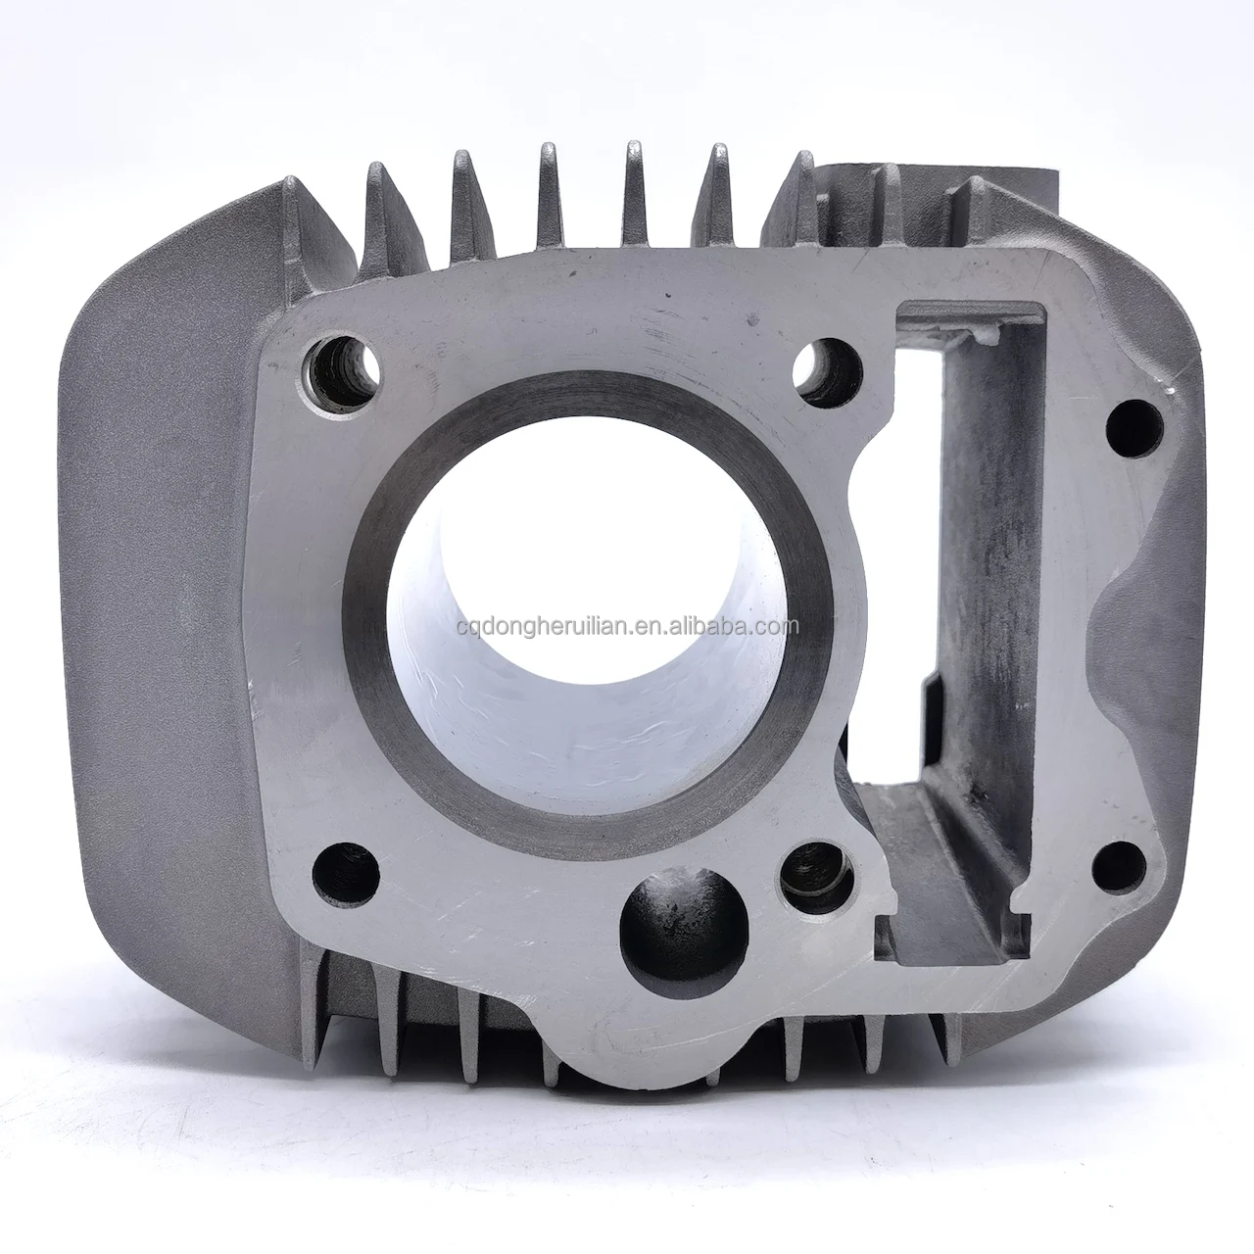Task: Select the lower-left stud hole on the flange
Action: pos(346,875)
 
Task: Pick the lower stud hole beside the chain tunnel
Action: pos(816,877)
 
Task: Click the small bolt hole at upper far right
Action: pos(1134,427)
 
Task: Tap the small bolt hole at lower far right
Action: pos(1119,867)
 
